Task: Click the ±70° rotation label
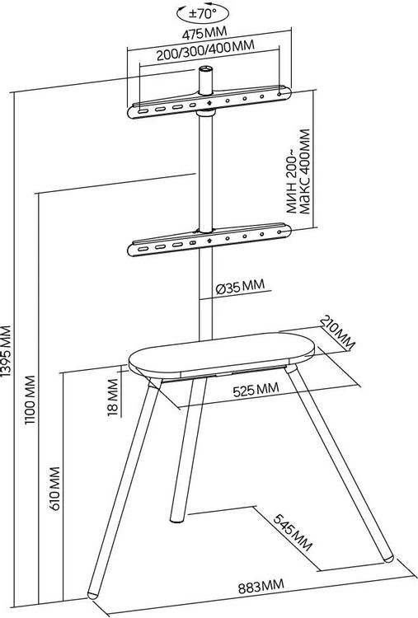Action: [203, 14]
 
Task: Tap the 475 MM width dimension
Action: [204, 34]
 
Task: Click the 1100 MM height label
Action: [31, 400]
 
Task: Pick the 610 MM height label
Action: [54, 489]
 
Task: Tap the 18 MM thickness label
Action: [112, 397]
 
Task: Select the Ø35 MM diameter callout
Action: [240, 287]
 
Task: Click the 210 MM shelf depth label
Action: [337, 332]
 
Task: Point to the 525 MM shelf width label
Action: [256, 390]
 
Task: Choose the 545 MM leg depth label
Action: [293, 532]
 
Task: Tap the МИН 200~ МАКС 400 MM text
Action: [298, 172]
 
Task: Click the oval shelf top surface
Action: [221, 353]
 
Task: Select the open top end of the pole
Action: [205, 70]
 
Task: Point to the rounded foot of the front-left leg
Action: [93, 593]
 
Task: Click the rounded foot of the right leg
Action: [388, 556]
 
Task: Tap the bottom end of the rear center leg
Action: [176, 518]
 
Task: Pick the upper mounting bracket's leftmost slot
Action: [143, 111]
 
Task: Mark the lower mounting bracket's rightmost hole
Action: [279, 232]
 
